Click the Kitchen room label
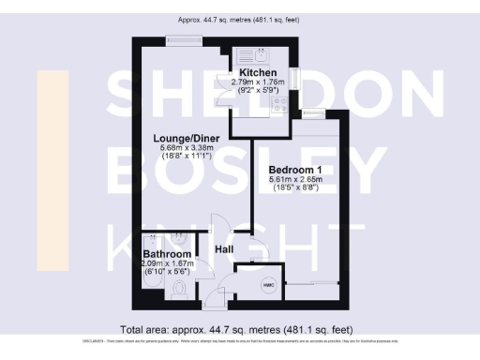tap(257, 73)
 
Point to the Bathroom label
tap(167, 255)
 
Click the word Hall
tap(224, 249)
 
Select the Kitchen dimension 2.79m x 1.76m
tap(258, 82)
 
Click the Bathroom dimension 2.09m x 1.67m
tap(167, 264)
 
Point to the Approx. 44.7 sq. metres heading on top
tap(240, 20)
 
